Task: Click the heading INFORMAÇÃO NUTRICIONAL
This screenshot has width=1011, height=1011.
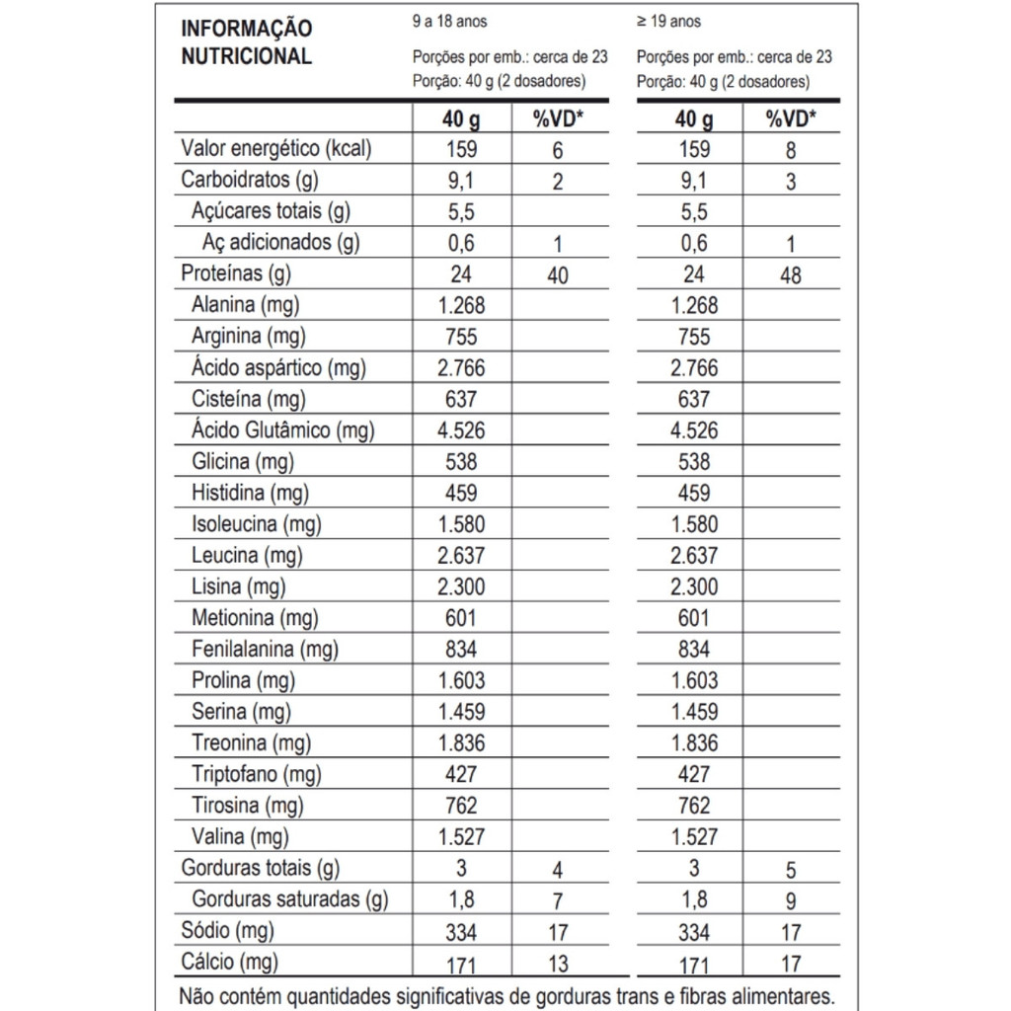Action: [247, 41]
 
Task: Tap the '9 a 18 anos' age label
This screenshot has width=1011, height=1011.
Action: [449, 21]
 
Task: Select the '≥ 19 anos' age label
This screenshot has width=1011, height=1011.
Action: [669, 21]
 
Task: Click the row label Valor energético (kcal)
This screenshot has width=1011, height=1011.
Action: [275, 149]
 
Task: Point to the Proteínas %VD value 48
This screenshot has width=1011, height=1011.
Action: [790, 275]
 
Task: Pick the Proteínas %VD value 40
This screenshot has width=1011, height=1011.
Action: [557, 275]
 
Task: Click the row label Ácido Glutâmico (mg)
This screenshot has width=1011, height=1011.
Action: [282, 430]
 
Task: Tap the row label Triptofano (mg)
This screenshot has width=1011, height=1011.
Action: [257, 774]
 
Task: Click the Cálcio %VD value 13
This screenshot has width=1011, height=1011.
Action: [557, 963]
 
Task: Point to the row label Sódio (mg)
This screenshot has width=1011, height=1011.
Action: [228, 930]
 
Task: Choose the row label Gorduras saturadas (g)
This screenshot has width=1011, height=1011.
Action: [289, 899]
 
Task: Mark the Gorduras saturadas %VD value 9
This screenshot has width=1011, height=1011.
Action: [790, 900]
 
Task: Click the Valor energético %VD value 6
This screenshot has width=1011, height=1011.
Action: [557, 151]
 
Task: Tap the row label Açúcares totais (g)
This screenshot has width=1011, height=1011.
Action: [271, 211]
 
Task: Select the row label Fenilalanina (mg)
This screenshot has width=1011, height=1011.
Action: [265, 649]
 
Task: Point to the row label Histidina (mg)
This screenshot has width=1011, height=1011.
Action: [250, 493]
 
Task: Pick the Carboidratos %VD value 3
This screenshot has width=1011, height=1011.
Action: [790, 183]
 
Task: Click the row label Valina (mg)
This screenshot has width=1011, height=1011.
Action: [240, 837]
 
